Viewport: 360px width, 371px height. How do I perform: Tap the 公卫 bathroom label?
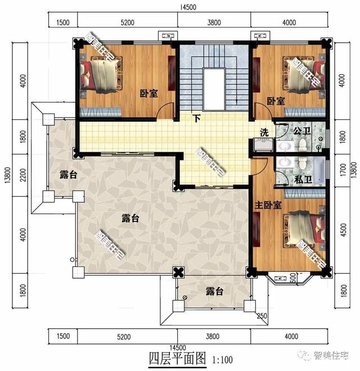pos(301,131)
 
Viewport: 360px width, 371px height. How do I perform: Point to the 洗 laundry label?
pos(264,133)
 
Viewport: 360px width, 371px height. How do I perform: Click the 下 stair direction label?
pos(196,119)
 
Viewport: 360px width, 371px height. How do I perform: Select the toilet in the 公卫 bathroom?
pos(302,146)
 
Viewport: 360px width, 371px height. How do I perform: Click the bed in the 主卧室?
pos(304,227)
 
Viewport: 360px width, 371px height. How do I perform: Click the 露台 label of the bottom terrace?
pos(214,291)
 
